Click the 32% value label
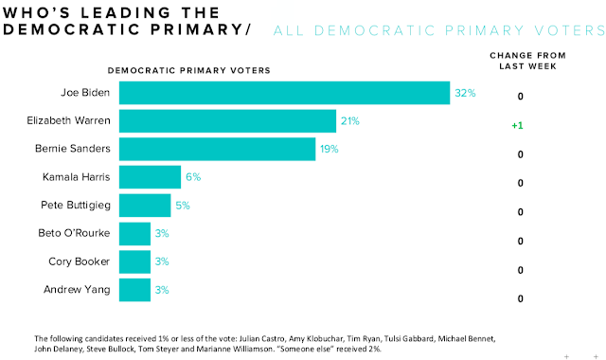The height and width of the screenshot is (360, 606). (x=464, y=94)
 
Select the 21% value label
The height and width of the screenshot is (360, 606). (x=350, y=121)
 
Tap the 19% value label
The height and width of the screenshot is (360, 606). (x=330, y=150)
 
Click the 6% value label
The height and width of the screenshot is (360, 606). (x=193, y=177)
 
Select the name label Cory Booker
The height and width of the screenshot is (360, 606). (x=82, y=261)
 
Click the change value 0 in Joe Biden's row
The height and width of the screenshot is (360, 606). (x=520, y=97)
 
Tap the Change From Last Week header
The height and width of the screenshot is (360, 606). (x=520, y=61)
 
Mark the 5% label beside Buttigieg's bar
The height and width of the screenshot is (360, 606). (x=183, y=206)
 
